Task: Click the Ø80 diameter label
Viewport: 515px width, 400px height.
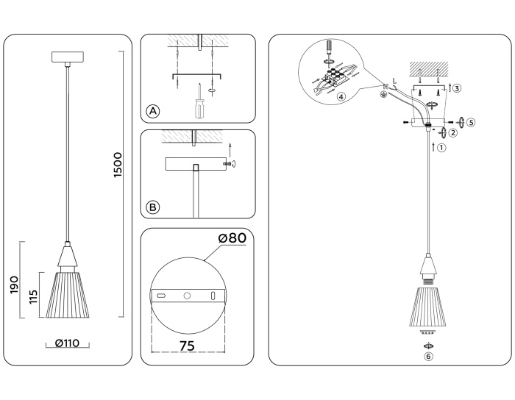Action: coord(231,238)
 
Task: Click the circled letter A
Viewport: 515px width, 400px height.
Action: coord(152,111)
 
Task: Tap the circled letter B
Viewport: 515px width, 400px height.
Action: coord(152,207)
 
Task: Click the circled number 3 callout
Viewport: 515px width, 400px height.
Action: coord(457,89)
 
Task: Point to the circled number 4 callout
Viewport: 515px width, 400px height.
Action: coord(341,96)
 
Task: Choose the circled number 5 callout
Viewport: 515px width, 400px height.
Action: coord(471,121)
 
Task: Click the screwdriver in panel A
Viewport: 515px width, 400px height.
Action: coord(197,104)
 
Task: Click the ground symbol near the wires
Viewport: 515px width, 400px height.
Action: coord(383,94)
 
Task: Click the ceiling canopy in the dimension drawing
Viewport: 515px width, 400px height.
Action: coord(68,57)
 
